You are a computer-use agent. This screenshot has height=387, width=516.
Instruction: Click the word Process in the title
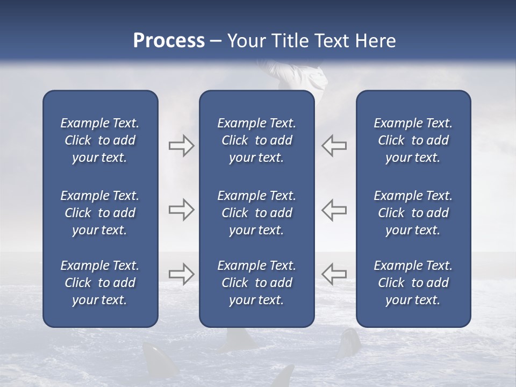169,41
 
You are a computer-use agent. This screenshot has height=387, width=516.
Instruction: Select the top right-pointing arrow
181,146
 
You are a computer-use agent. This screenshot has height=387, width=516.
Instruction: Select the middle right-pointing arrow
181,210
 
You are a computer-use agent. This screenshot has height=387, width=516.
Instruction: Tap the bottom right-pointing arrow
181,274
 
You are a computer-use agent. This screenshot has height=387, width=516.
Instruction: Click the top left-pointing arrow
334,146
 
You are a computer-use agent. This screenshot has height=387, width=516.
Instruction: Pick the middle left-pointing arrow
334,210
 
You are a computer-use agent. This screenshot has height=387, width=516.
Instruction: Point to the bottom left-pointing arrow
334,274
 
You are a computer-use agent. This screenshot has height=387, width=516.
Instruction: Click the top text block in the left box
100,140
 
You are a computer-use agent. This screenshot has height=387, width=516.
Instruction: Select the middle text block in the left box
100,213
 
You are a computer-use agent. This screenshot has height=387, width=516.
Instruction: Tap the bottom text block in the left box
100,283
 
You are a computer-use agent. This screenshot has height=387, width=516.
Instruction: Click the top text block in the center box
257,140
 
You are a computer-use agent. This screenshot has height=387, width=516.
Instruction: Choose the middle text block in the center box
257,213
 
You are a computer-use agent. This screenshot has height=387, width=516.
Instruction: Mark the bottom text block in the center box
257,283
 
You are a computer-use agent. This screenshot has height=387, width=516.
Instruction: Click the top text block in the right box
413,140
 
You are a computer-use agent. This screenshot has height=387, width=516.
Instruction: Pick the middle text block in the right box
413,213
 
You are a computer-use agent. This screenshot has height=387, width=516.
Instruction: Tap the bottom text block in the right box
413,283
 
